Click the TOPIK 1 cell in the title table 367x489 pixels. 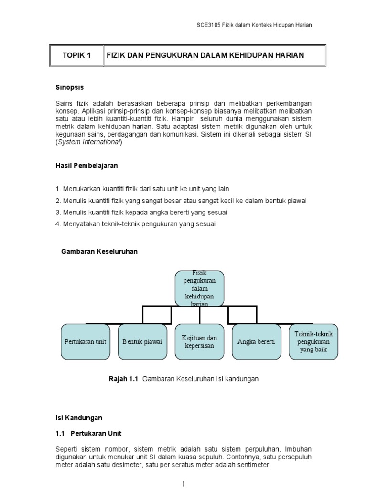coord(76,55)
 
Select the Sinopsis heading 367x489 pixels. coord(70,87)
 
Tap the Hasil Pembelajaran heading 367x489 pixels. coord(86,166)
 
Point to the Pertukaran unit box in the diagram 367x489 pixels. coord(85,342)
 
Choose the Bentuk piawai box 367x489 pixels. coord(142,342)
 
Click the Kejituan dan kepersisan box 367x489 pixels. coord(199,342)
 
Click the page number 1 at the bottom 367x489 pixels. coord(183,484)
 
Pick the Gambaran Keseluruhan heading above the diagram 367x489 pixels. coord(99,251)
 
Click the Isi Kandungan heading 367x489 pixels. coord(79,417)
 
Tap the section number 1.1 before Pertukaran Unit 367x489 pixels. coord(60,433)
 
